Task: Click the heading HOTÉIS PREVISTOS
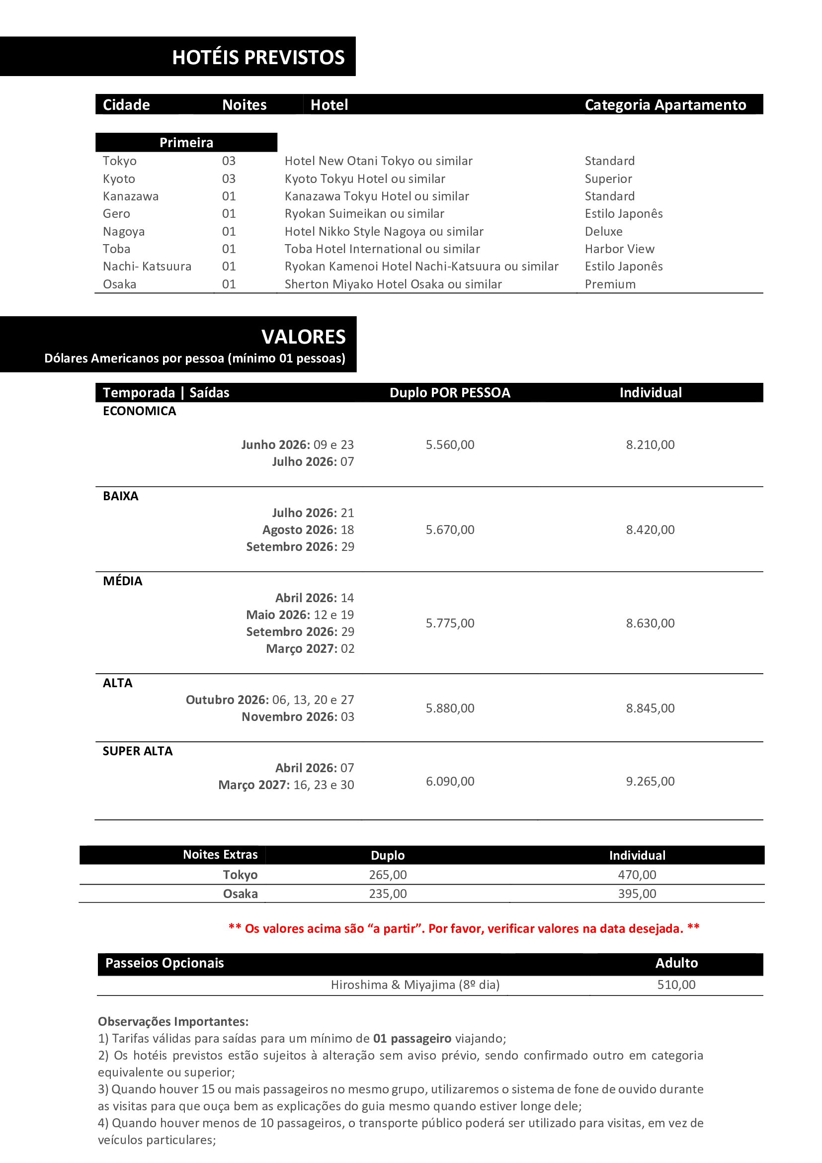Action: click(258, 57)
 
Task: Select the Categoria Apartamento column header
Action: click(665, 105)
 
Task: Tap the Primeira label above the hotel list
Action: click(186, 143)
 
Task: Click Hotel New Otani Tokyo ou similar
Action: click(378, 161)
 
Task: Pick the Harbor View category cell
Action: click(620, 249)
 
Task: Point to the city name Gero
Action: click(116, 214)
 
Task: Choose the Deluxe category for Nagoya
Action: click(603, 232)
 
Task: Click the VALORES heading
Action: click(303, 337)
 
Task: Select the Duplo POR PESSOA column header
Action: click(450, 393)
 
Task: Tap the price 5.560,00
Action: click(450, 445)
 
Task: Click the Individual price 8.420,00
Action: click(650, 530)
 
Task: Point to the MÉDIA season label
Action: click(122, 581)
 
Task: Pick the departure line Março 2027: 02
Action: click(310, 649)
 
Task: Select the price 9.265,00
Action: click(650, 781)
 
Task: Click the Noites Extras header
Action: click(220, 855)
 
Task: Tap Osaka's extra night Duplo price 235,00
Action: click(388, 894)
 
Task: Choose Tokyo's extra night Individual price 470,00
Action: click(637, 875)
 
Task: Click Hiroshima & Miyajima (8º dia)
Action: click(415, 984)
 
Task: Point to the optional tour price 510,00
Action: click(676, 984)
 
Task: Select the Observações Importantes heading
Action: click(173, 1022)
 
